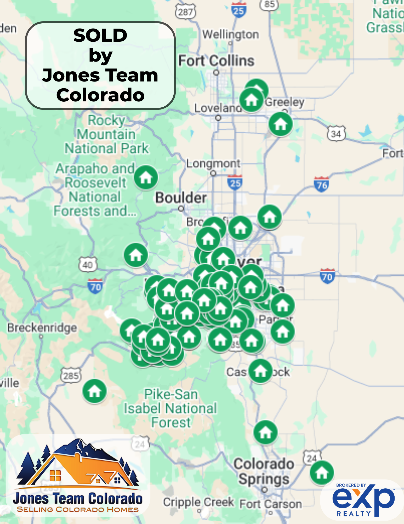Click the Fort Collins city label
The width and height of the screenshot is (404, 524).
coord(216,61)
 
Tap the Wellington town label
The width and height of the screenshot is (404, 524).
coord(231,35)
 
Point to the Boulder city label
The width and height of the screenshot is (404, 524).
coord(181,198)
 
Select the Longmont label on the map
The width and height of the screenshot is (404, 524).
coord(213,164)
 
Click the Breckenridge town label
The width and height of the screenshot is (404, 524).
coord(42,328)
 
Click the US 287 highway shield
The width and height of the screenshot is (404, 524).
coord(185,12)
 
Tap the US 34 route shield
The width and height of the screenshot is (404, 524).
coord(336,134)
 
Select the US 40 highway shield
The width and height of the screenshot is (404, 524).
coord(88,265)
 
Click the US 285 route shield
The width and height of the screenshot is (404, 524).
coord(71,376)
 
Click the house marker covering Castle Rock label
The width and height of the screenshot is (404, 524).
coord(260,371)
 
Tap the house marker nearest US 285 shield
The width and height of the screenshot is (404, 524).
coord(94,391)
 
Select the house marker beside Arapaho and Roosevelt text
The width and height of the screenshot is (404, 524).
coord(146,177)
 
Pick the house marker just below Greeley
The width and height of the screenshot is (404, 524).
coord(281,124)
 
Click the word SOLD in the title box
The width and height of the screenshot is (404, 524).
coord(100,35)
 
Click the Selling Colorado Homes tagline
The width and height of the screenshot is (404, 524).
coord(78,510)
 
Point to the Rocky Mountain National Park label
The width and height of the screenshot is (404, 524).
coord(107,134)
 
